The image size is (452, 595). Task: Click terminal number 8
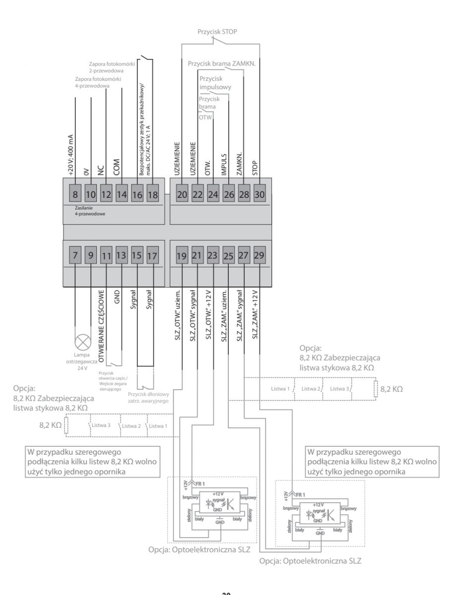(75, 194)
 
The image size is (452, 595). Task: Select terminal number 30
(259, 194)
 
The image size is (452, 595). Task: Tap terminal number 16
(137, 194)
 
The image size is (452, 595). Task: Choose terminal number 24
(213, 194)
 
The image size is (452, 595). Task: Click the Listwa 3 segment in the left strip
(104, 425)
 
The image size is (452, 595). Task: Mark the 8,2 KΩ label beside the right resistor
(392, 389)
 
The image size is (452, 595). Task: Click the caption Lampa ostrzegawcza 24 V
(82, 363)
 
